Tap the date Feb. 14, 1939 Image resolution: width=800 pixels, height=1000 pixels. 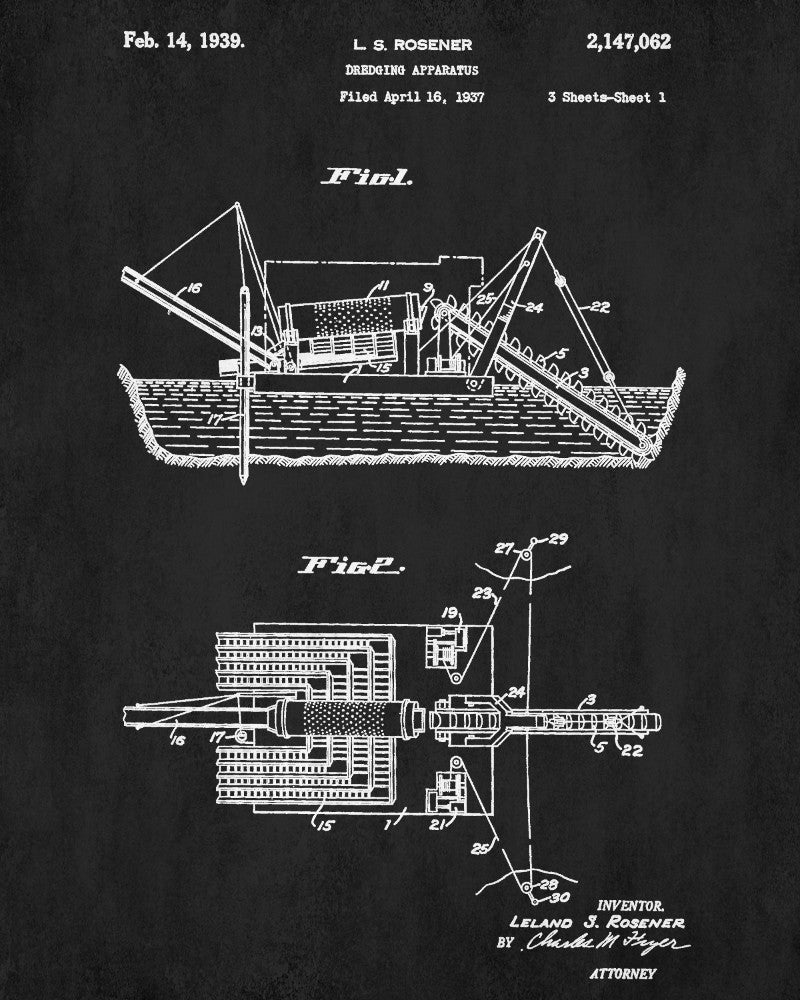184,42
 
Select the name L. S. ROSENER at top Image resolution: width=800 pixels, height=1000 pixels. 399,45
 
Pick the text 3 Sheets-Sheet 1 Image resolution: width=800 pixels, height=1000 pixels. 607,97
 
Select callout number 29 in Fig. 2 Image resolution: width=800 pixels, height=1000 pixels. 558,540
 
